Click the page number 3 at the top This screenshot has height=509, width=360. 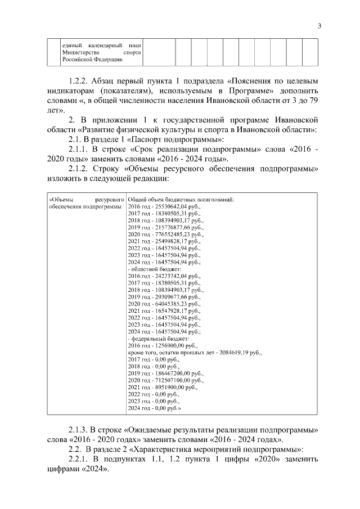click(x=319, y=25)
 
